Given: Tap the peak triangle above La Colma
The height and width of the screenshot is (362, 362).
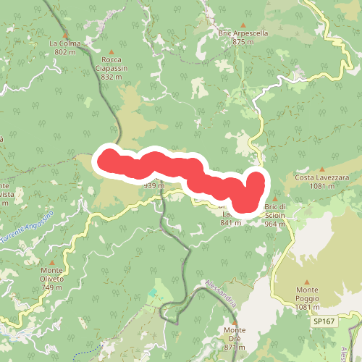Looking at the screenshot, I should pos(65,35).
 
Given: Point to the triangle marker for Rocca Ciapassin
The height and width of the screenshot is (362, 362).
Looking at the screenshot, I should pos(111,51).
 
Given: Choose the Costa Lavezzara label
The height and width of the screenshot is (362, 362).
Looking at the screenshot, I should pos(322,177).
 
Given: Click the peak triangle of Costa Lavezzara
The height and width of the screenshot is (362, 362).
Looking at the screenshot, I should pos(322,169).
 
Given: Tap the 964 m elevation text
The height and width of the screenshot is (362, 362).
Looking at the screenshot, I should pos(274,224).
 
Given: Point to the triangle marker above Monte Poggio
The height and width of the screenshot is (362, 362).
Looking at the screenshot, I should pos(307,281).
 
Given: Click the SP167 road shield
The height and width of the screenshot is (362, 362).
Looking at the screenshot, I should pos(327,320).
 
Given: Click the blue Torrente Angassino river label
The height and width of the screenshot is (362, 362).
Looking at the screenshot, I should pos(28,227).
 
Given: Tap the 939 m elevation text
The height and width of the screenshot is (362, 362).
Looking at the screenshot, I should pos(153,185).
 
